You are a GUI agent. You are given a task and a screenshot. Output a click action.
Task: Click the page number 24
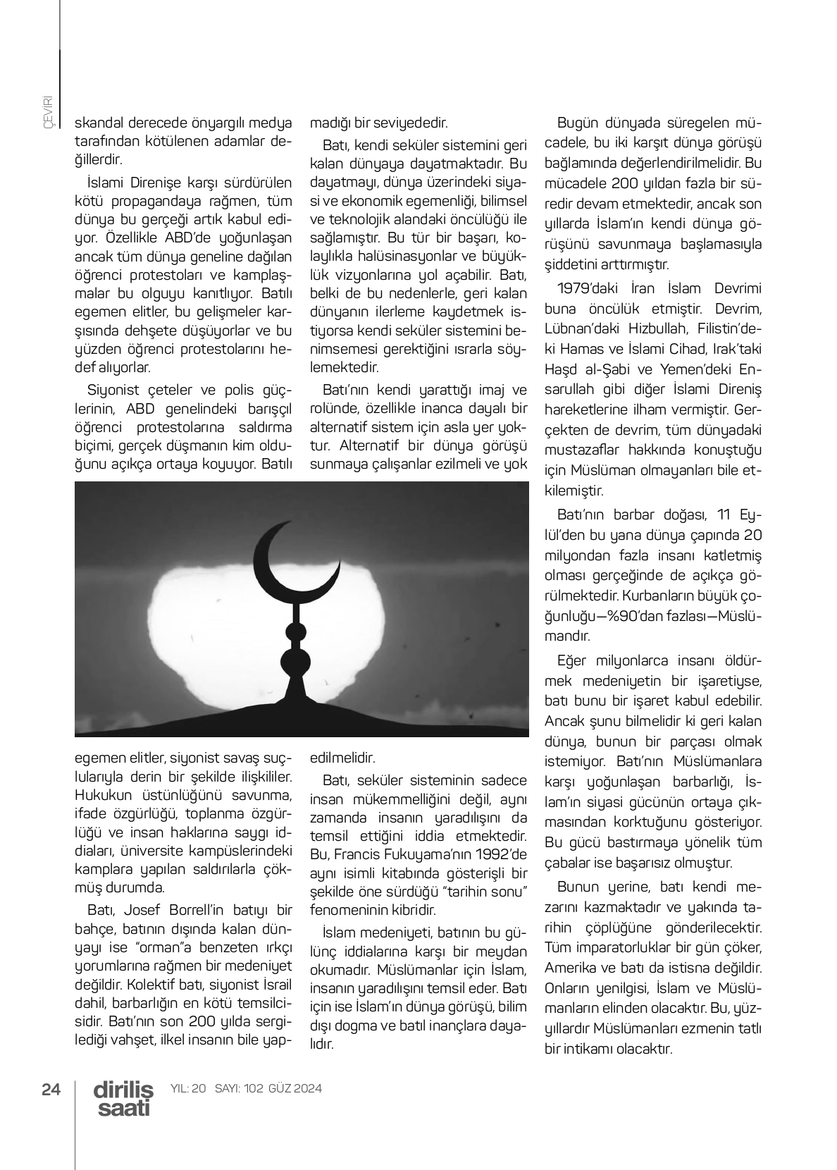(51, 1089)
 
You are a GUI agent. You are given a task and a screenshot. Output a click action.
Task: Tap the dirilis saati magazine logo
(123, 1099)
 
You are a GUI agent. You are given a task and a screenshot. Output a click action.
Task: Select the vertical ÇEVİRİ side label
(48, 112)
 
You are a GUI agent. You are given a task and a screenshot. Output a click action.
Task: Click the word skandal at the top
(98, 123)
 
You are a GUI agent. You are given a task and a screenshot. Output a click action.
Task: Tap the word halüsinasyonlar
(409, 254)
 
